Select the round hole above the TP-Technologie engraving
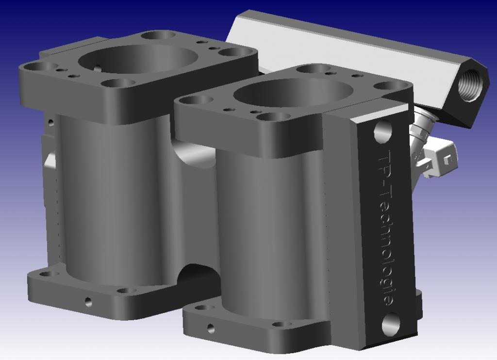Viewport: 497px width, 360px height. tap(383, 131)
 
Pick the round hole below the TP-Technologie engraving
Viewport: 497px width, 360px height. tap(391, 324)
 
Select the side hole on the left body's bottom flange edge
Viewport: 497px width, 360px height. tap(88, 302)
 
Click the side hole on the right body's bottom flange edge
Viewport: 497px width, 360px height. tap(211, 328)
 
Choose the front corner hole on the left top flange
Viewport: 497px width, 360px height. tap(118, 83)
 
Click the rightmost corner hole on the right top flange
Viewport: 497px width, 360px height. tap(389, 86)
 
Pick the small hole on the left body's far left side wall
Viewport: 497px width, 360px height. tap(50, 122)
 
